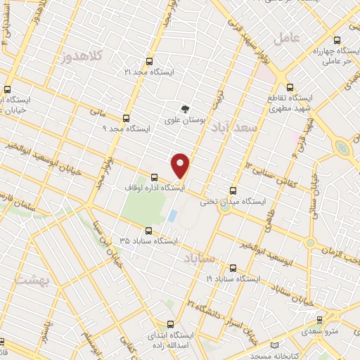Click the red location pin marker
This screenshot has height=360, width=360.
tap(181, 165)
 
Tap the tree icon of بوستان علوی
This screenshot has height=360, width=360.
tap(185, 108)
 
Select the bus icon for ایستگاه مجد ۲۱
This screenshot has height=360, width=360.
tap(148, 61)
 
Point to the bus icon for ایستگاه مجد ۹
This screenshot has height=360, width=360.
tap(127, 118)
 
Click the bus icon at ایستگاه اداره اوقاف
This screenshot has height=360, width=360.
tap(153, 176)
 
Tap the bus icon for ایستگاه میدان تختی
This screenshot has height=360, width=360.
tap(234, 190)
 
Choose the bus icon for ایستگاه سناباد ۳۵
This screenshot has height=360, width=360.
tap(148, 230)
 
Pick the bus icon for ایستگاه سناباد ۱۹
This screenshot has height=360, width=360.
tap(233, 267)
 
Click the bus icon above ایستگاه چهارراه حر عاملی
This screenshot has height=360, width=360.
tap(337, 40)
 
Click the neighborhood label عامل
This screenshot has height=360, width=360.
tap(304, 37)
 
